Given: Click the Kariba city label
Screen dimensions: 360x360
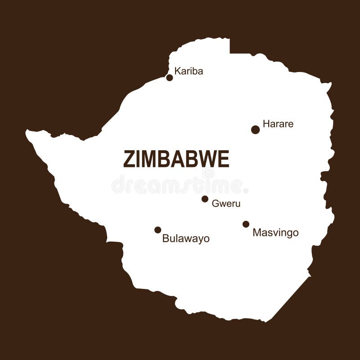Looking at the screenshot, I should (189, 71).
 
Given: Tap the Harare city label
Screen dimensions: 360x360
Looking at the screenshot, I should (278, 124).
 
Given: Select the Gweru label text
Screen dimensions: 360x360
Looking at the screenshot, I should (226, 203).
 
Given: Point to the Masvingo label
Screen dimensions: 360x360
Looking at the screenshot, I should (275, 233).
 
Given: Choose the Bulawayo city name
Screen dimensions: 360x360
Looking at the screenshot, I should (186, 238).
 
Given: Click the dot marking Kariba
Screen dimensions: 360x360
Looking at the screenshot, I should (170, 77).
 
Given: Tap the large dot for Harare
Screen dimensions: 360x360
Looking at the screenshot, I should (256, 130).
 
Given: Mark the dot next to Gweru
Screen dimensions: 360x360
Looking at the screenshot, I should (205, 199).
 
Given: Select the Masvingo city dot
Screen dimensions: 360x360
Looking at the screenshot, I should (246, 224).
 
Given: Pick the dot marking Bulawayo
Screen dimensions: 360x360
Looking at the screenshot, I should (157, 230).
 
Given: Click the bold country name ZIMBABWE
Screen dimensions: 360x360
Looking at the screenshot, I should (176, 159).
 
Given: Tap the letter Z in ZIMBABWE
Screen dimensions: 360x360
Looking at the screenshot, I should (128, 159).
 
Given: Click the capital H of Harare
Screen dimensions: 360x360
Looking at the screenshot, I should (266, 124).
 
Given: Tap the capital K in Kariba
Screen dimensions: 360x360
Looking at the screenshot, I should (177, 71).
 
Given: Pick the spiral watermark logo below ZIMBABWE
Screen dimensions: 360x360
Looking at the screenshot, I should (208, 174).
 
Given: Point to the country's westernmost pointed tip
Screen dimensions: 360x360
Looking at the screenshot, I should (27, 132).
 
